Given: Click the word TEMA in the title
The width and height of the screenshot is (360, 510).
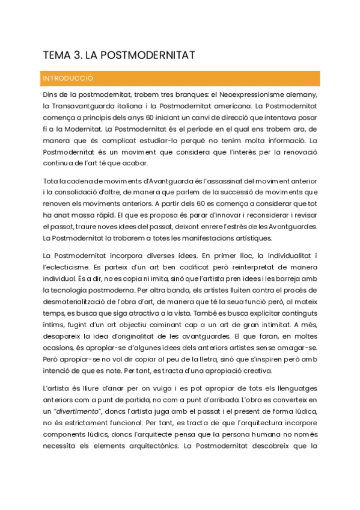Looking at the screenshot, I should coord(55,56).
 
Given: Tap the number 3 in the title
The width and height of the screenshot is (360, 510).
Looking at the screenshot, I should coord(77,56).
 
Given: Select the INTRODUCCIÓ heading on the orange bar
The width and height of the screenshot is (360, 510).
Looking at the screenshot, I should coord(67,78).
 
